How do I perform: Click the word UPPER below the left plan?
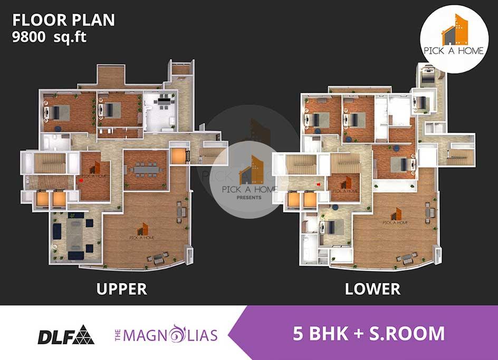[121, 289]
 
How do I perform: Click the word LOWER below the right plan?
[372, 289]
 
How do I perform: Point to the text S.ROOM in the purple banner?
[406, 334]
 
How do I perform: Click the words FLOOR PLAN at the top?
[63, 20]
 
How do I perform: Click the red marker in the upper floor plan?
[81, 180]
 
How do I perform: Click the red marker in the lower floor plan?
[319, 184]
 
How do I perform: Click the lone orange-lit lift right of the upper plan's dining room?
[178, 156]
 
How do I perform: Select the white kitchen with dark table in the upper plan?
[160, 111]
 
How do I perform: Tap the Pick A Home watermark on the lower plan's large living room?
[395, 217]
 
